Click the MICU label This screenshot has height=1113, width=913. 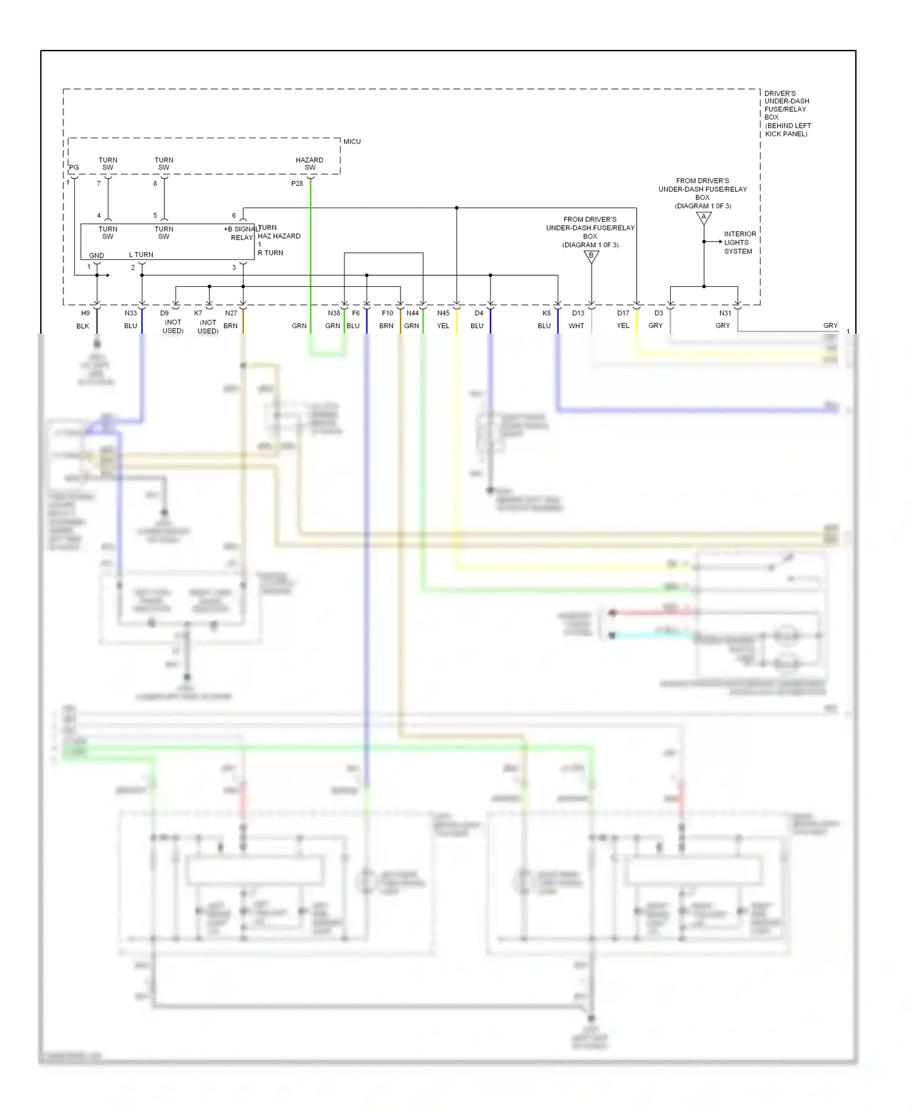pos(352,141)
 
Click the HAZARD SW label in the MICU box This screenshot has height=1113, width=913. pos(310,164)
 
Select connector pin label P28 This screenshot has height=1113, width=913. pos(297,183)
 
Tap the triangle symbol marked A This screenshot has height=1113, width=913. pos(704,217)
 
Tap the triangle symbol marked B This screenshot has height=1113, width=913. pos(591,256)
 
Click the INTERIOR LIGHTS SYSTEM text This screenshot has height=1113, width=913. pos(740,242)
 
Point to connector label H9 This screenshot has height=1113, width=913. pos(86,314)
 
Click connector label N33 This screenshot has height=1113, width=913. pos(131,314)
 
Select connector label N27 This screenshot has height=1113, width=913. pos(231,314)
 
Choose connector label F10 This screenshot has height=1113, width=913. pos(387,314)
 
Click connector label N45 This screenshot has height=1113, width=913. pos(443,314)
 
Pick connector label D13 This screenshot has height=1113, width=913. pos(578,314)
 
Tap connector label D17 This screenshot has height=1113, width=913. pos(623,314)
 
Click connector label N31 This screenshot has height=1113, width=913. pos(725,314)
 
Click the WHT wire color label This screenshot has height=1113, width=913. pos(576,326)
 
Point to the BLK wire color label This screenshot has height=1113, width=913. pos(83,326)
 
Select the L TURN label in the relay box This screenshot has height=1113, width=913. pos(141,255)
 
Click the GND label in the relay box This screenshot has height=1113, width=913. pos(96,256)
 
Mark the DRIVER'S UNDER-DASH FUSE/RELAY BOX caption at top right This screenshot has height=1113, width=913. pos(787,113)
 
